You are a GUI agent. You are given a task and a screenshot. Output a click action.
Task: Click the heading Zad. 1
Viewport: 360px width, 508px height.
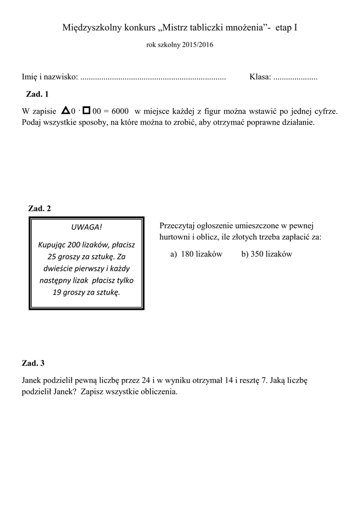[x=37, y=94]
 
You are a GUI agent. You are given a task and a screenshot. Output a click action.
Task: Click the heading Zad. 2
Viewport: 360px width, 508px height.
[x=40, y=208]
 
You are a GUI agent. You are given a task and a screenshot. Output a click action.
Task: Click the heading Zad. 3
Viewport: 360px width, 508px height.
[x=33, y=363]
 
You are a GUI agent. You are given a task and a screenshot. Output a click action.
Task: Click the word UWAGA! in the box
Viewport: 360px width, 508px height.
[x=86, y=227]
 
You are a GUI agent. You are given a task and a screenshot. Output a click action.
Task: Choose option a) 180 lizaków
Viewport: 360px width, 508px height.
[x=196, y=254]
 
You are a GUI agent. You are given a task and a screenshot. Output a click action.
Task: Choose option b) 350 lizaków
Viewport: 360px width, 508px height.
[x=267, y=254]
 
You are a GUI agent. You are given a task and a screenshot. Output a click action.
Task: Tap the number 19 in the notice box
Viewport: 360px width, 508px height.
[x=57, y=292]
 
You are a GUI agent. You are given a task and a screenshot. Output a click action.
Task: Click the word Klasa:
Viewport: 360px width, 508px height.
[x=260, y=77]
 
